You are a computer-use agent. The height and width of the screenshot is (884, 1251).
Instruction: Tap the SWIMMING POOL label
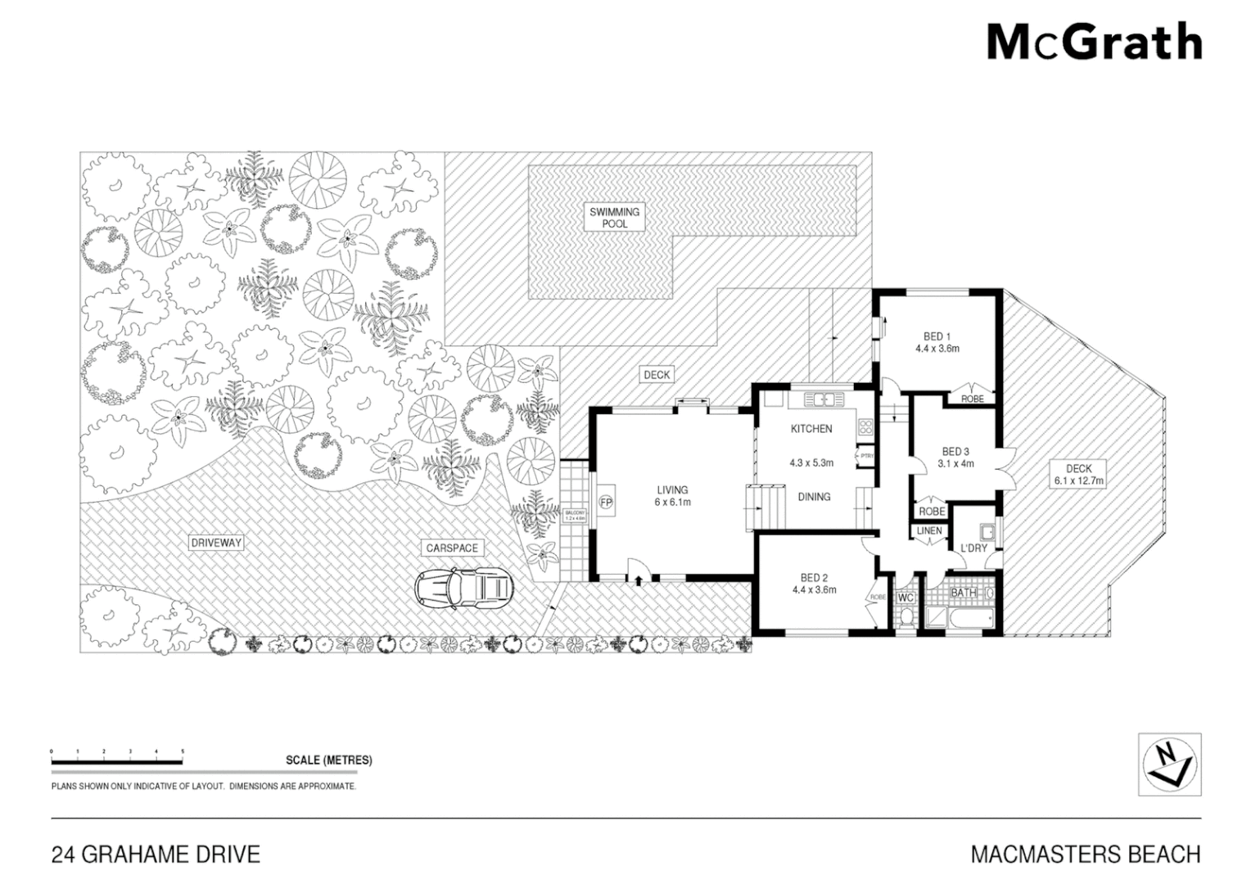click(615, 218)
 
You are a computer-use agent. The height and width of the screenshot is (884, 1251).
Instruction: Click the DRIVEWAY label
click(217, 543)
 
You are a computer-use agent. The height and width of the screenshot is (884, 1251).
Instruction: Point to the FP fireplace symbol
click(607, 501)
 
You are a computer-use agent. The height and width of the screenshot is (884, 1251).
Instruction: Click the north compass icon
click(1170, 764)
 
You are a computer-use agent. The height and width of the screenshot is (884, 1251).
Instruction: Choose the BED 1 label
click(937, 336)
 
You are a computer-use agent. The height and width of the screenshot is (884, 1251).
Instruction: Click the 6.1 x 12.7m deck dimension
click(1078, 481)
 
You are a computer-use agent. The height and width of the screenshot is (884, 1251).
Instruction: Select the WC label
click(906, 598)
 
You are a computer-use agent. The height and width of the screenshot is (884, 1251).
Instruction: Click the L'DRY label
click(974, 548)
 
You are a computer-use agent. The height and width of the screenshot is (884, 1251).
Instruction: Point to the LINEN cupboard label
click(929, 531)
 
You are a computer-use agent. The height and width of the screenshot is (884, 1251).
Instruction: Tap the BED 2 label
click(814, 577)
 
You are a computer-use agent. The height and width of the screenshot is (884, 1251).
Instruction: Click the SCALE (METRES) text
click(328, 760)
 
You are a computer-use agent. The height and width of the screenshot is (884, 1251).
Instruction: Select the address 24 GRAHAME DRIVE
click(156, 855)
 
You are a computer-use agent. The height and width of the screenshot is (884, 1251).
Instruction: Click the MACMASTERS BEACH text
click(1085, 855)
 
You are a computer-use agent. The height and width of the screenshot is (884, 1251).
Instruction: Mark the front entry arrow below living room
click(638, 580)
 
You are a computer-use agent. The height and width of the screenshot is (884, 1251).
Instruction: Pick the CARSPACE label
click(451, 548)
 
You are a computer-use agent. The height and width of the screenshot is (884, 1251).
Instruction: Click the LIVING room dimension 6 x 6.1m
click(673, 502)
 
